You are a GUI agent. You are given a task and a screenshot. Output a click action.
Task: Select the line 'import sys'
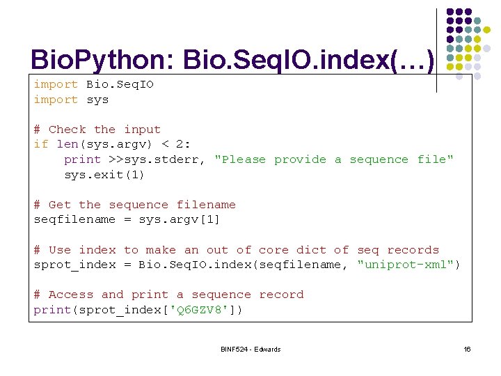coord(71,100)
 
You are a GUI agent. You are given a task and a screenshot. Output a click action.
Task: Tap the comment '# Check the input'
coord(97,130)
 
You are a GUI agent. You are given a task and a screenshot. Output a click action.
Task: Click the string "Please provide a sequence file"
coord(334,159)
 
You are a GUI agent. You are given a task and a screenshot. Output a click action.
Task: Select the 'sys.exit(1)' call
coord(104,175)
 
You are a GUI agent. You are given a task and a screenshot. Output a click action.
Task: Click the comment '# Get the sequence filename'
coord(134,205)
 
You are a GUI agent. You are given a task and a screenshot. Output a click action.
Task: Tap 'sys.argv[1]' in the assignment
coord(180,219)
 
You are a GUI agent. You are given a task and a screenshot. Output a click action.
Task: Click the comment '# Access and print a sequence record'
coord(168,295)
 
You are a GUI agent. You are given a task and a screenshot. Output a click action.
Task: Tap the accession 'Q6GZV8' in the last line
coord(202,310)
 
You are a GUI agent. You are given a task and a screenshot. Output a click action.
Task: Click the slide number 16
coord(467,349)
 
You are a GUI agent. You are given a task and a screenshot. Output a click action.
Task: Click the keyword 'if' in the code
coord(41,144)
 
